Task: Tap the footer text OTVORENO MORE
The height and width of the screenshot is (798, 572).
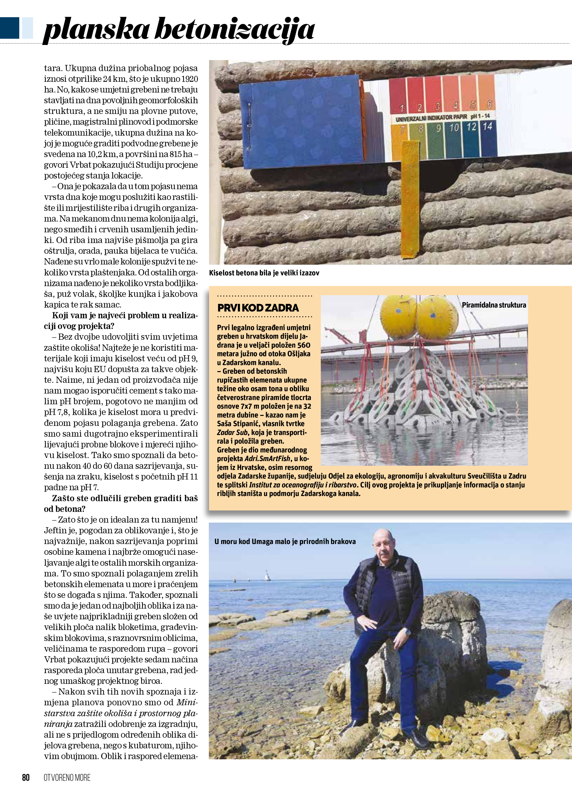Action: (x=67, y=777)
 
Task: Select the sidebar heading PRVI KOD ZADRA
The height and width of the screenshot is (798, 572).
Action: (x=258, y=308)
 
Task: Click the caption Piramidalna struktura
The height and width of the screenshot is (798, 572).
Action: (x=494, y=305)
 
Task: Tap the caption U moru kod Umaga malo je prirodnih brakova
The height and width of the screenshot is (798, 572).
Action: (x=285, y=541)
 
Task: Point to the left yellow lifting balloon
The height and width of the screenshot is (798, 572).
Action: (x=399, y=316)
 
